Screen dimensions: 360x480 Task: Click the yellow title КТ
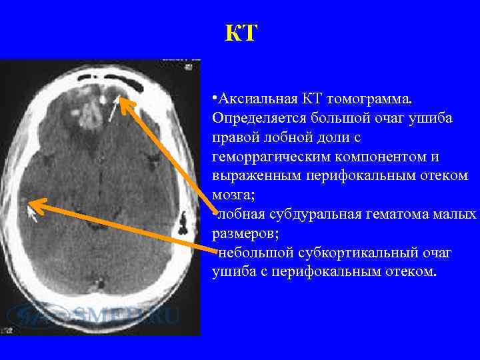pos(241,33)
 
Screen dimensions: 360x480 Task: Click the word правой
pos(235,137)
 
